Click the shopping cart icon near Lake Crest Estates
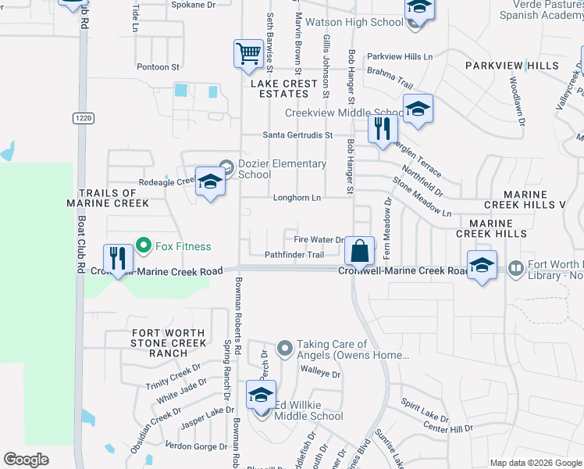248,55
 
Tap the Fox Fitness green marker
143,246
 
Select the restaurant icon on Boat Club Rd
117,258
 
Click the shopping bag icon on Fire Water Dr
359,252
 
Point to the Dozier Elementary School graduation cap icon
209,182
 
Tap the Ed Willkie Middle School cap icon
261,395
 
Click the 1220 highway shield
83,118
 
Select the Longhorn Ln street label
297,198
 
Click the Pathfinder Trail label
294,255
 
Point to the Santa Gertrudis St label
297,135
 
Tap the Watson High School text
354,23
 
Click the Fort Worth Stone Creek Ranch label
168,343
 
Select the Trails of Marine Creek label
112,198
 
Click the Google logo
27,460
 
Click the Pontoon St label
158,67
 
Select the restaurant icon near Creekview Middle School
382,127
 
